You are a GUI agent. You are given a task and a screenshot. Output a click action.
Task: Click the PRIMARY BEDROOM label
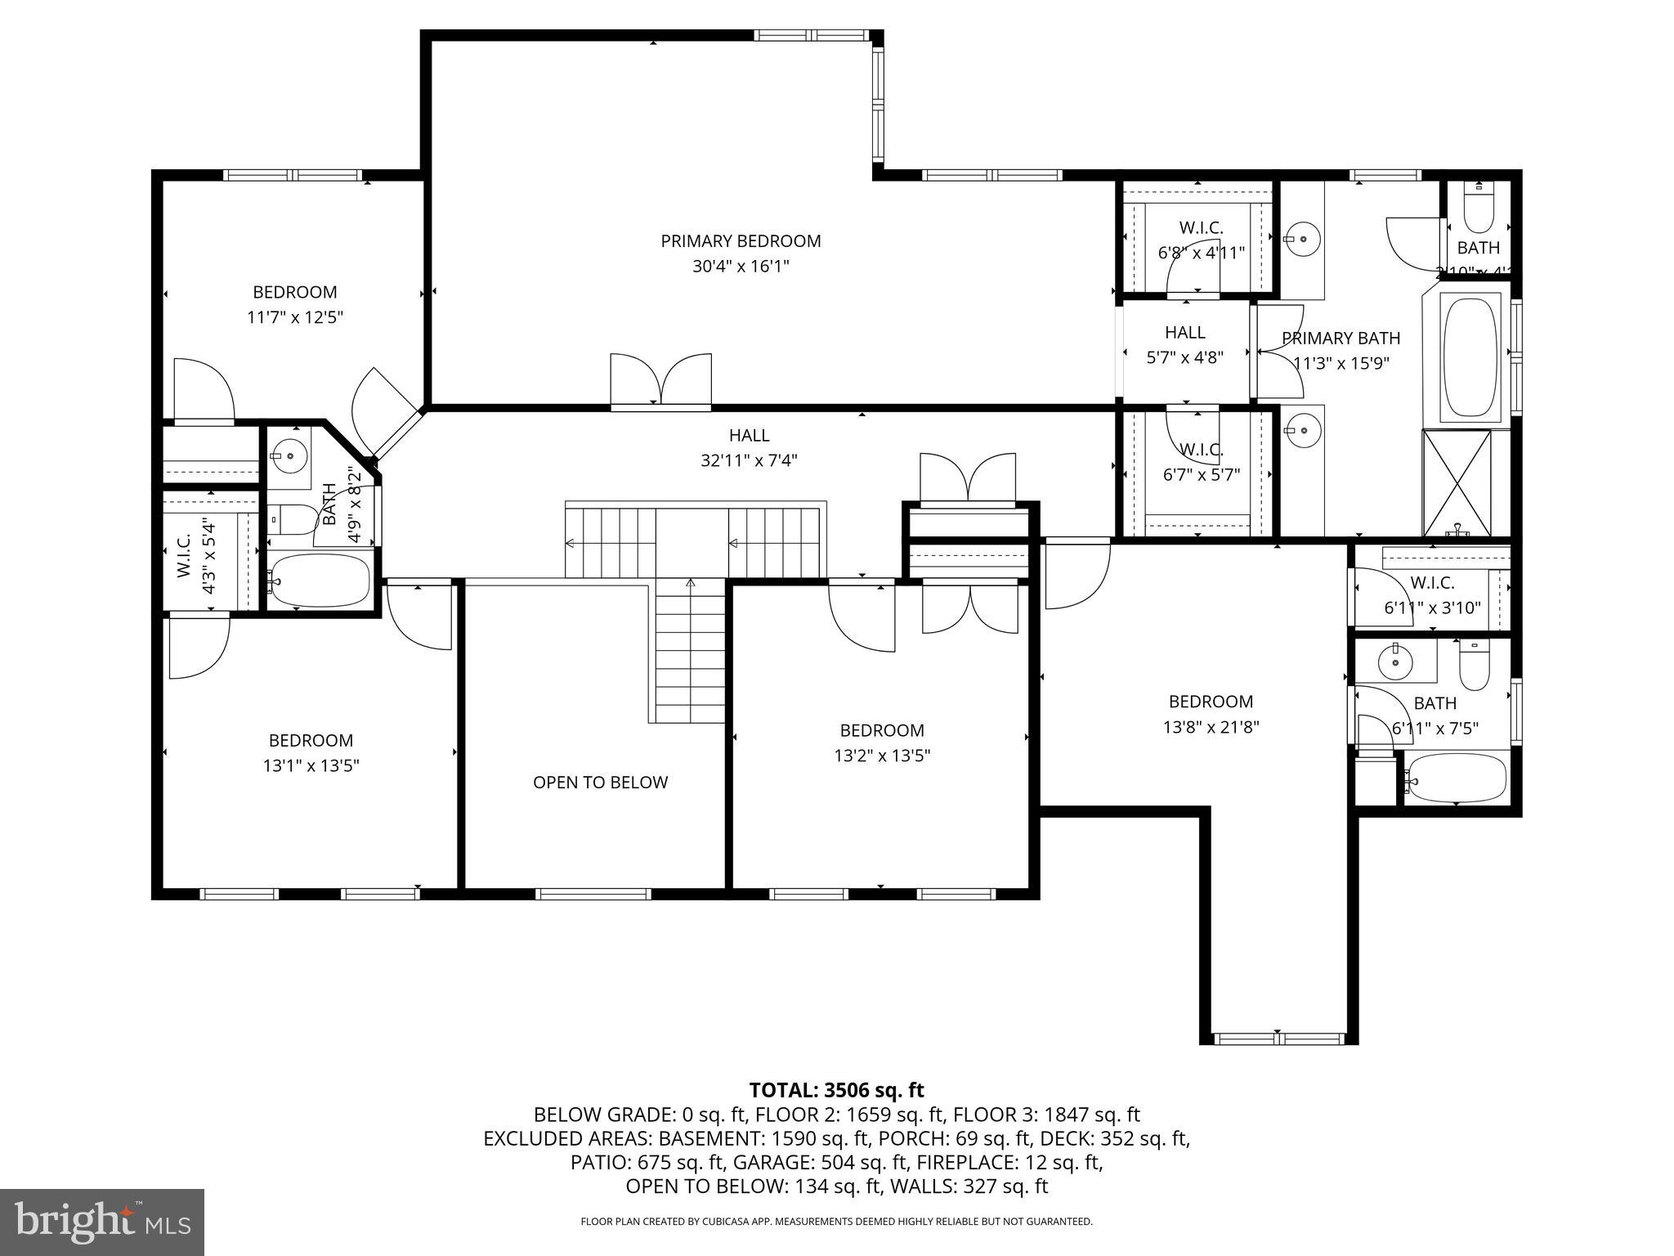tap(741, 241)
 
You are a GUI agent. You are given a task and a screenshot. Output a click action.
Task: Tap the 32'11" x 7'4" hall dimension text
tap(749, 460)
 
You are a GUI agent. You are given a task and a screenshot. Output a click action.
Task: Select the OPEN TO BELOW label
tap(600, 783)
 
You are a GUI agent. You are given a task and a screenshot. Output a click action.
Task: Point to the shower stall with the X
tap(1457, 482)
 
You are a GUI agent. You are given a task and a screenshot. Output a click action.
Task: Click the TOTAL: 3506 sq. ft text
tap(836, 1090)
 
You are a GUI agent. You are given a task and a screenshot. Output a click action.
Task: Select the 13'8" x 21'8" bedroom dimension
tap(1211, 727)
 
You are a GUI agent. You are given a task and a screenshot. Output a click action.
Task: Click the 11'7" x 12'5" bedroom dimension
tap(295, 317)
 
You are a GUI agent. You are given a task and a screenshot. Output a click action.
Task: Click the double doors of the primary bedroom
tap(661, 379)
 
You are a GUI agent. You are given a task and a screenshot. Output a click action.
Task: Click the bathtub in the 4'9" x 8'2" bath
tap(320, 581)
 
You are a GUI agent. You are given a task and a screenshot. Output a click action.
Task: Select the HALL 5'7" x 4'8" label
tap(1184, 344)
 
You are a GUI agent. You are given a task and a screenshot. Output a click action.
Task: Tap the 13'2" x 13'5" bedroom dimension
tap(882, 756)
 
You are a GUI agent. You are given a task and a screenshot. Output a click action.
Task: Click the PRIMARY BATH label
tap(1341, 338)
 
